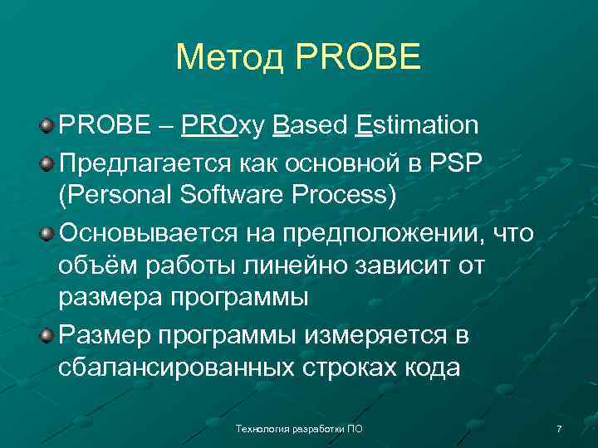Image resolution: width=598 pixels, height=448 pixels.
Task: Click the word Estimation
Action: click(x=417, y=125)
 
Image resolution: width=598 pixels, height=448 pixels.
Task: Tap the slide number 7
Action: click(x=559, y=429)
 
